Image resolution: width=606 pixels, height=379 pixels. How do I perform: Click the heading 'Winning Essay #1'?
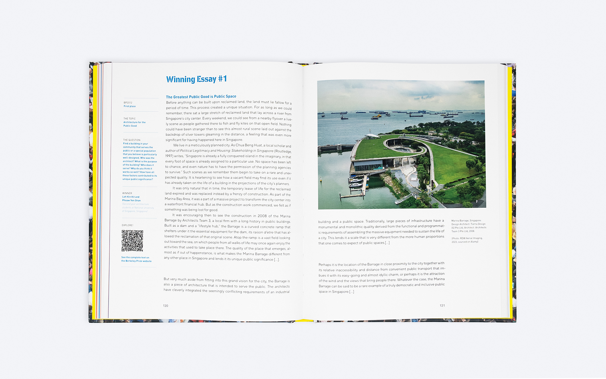coord(196,79)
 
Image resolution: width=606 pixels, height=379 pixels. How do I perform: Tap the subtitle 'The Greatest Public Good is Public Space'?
coord(201,97)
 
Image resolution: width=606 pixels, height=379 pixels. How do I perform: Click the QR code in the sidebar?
coord(132,241)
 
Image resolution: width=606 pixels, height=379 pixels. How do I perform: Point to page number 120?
coord(166,306)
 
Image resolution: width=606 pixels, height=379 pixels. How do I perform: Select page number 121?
coord(442,305)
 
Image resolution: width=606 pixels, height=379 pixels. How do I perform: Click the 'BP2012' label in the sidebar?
coord(128,103)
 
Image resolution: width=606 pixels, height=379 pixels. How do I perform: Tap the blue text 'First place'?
coord(130,106)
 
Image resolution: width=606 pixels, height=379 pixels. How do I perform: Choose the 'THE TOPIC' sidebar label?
coord(129,119)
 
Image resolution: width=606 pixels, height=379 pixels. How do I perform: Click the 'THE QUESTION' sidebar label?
coord(132,140)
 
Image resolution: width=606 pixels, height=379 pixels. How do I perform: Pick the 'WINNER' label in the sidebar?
coord(127,193)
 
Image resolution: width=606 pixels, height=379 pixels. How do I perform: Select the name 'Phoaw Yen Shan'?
coord(131,201)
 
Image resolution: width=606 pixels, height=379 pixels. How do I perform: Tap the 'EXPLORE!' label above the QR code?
coord(128,225)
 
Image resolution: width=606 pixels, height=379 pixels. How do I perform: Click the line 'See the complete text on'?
coord(135,257)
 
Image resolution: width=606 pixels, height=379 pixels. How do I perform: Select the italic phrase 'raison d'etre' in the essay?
coord(263,232)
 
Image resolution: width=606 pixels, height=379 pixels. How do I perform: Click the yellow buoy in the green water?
coord(321,180)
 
